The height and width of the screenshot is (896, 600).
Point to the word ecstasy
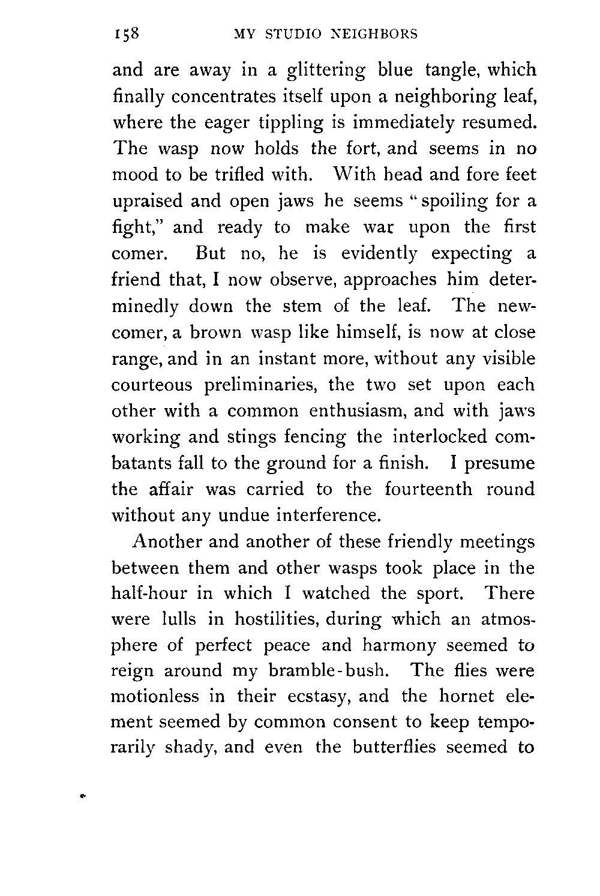tap(310, 697)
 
